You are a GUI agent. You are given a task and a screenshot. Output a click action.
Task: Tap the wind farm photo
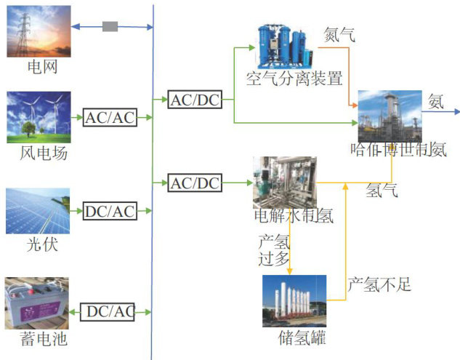[39, 116]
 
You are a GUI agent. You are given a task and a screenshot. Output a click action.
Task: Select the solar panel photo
[38, 211]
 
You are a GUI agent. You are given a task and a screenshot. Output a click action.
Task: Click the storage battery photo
[37, 303]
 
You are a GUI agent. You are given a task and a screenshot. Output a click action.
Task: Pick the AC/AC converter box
[110, 117]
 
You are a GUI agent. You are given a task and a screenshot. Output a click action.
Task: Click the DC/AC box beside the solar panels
[110, 212]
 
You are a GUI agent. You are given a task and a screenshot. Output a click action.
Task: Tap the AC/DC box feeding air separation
[194, 100]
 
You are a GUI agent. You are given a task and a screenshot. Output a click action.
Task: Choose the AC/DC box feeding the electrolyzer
[194, 183]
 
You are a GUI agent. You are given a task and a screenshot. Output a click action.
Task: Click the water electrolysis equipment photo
[283, 181]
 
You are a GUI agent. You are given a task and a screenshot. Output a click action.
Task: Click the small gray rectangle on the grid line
[110, 27]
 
